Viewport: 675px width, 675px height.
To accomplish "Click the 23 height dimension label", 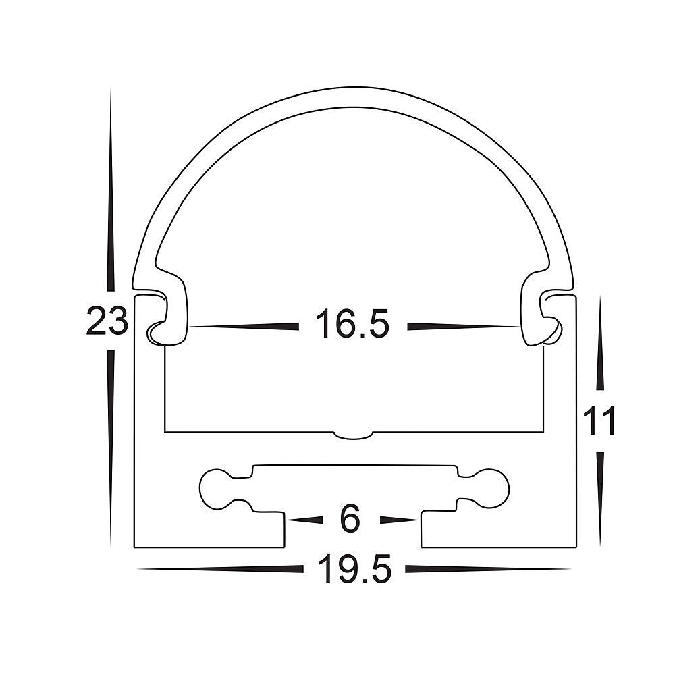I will click(107, 321).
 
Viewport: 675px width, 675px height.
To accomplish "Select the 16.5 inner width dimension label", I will click(352, 325).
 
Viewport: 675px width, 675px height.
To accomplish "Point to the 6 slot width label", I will click(351, 520).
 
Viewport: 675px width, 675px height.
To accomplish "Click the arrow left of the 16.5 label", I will click(244, 326).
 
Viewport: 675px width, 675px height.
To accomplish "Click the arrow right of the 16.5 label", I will click(463, 326).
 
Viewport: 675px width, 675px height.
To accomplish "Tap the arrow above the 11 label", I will click(600, 351).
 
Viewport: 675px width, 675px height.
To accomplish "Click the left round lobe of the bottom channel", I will click(217, 487).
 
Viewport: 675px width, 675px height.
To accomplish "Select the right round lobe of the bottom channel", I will click(490, 487).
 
